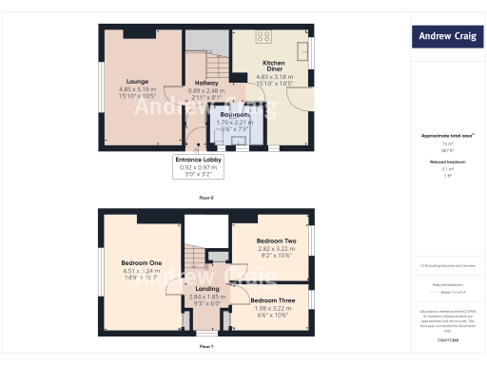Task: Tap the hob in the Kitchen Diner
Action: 263,39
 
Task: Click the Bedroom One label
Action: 141,261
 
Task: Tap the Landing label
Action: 207,289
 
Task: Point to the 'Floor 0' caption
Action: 205,198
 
